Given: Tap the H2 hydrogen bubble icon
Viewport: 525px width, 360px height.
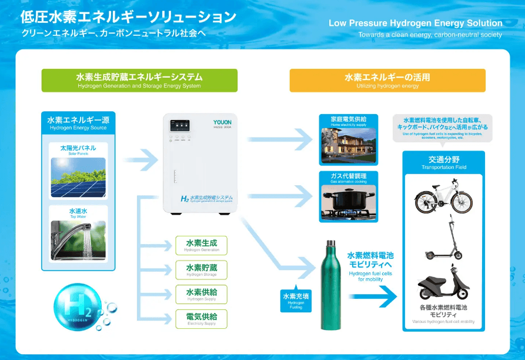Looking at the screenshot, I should coord(78,306).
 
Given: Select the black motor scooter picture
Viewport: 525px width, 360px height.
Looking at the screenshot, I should coord(444,284).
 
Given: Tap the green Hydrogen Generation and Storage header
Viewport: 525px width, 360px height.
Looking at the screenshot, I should coord(139,81).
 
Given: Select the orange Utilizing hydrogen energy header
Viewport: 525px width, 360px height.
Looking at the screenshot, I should coord(387,81).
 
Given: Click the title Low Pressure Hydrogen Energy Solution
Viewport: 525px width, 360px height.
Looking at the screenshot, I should coord(416,24).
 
